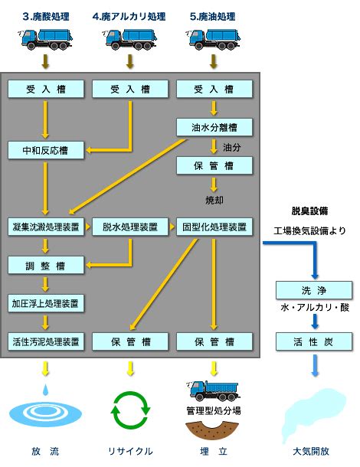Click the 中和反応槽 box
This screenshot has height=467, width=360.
[x=46, y=150]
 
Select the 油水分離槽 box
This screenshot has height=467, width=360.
[x=214, y=127]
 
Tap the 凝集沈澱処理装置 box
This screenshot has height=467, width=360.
[x=46, y=227]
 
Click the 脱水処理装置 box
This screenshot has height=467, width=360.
[x=130, y=227]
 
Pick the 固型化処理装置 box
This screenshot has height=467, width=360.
[x=214, y=227]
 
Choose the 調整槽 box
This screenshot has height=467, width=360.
[x=46, y=266]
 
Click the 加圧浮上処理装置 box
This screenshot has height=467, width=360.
[x=46, y=303]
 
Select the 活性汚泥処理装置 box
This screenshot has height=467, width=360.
[x=46, y=341]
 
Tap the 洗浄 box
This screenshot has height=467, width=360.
[x=314, y=290]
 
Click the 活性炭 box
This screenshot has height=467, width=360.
[x=314, y=341]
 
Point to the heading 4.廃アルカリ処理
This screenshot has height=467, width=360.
[x=129, y=16]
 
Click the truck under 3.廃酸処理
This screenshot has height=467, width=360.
[x=45, y=39]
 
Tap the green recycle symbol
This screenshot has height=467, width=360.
[x=130, y=410]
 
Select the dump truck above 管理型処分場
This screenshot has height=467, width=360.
[x=213, y=390]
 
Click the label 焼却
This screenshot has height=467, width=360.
[x=214, y=200]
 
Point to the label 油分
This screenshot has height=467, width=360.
[x=232, y=147]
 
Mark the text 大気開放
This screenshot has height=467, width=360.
[x=311, y=451]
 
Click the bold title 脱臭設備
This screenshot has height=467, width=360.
[x=309, y=211]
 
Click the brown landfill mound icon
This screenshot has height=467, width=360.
[x=212, y=430]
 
